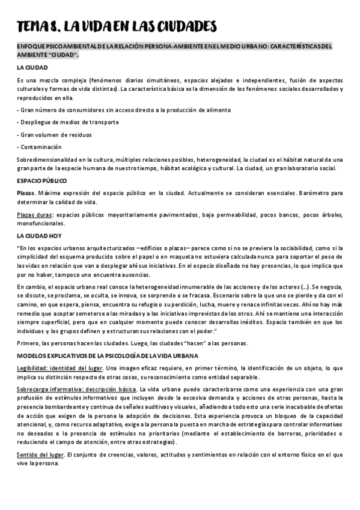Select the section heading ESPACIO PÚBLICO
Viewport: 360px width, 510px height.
(41, 180)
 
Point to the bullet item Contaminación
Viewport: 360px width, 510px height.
(40, 147)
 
